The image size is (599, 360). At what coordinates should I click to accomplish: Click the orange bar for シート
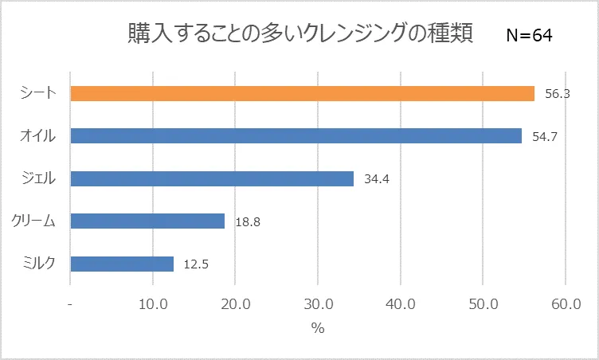coord(302,93)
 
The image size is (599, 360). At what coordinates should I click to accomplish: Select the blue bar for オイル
coord(296,136)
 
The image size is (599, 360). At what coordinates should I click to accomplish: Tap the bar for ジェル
coord(212,178)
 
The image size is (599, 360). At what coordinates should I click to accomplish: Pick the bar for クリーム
coord(147,221)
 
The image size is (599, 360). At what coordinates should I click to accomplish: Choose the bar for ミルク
coord(122,264)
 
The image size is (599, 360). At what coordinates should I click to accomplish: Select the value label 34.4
coord(376,178)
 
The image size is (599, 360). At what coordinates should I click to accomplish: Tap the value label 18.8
coord(248,221)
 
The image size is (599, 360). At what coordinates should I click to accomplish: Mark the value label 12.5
coord(197,264)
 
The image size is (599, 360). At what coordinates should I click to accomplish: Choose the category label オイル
coord(37,136)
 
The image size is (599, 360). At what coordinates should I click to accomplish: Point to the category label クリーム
coord(34,221)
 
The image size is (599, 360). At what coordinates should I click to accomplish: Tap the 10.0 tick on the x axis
coord(153,304)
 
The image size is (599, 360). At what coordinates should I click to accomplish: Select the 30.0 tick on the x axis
coord(318,304)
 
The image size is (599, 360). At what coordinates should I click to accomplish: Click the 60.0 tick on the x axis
coord(565,304)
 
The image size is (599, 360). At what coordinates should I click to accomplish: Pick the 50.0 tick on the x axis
coord(483,304)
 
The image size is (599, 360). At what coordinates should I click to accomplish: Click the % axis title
coord(318,329)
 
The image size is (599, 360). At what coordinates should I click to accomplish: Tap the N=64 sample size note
coord(529,36)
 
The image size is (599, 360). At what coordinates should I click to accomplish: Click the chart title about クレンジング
coord(300,33)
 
